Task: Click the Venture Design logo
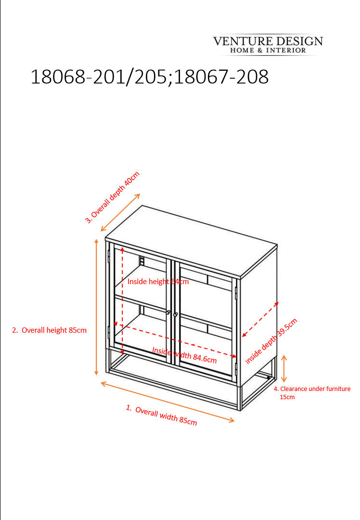[x=268, y=45]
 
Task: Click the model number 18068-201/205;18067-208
[x=150, y=77]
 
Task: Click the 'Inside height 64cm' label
[x=158, y=282]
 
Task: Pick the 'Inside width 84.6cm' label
[x=184, y=355]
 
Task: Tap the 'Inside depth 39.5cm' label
[x=271, y=341]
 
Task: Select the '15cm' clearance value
[x=287, y=397]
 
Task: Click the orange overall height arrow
[x=96, y=307]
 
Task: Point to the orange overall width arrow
[x=167, y=402]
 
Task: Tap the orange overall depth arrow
[x=120, y=212]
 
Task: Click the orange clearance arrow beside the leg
[x=284, y=368]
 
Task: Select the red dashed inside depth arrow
[x=260, y=319]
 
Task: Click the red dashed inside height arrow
[x=122, y=300]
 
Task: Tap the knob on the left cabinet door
[x=168, y=312]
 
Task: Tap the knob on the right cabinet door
[x=176, y=314]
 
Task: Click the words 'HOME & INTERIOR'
[x=268, y=51]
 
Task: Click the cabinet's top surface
[x=191, y=241]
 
